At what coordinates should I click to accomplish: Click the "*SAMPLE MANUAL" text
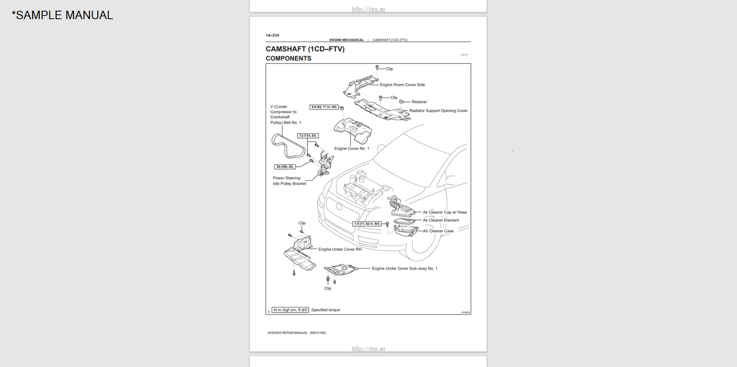coord(62,15)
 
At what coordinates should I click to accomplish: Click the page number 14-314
coord(272,35)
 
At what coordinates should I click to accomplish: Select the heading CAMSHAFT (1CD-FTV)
coord(305,49)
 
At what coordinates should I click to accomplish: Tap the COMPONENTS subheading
coord(288,59)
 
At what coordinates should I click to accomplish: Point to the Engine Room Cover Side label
coord(402,85)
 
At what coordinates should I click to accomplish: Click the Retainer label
coord(419,102)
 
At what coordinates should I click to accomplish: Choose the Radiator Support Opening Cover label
coord(438,111)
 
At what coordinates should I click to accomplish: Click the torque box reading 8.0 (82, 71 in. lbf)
coord(324,107)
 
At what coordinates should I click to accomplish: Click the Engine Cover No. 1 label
coord(351,148)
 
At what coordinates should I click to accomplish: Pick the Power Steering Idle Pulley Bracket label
coord(289,181)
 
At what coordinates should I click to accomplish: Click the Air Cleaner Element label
coord(440,220)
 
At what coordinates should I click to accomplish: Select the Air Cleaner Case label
coord(438,231)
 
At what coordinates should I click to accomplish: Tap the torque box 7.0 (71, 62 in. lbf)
coord(367,224)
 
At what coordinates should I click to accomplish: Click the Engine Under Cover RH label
coord(340,249)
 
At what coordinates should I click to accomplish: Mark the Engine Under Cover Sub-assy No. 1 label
coord(404,268)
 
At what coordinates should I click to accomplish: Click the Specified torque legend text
coord(325,310)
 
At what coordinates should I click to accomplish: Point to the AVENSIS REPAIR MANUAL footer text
coord(296,333)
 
